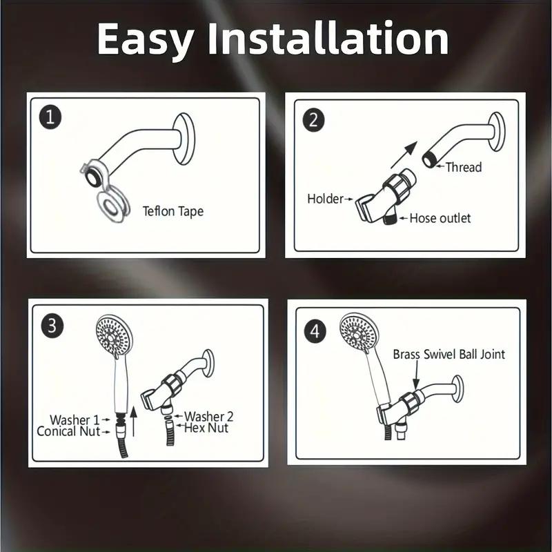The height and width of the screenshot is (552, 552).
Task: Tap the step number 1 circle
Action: point(50,117)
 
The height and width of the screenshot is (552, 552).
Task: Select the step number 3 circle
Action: point(50,325)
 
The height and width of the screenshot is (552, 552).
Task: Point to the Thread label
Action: point(463,167)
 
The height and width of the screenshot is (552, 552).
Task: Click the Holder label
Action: point(325,199)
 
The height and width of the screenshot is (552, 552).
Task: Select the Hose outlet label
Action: point(440,218)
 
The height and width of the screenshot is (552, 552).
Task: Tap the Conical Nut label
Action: point(68,431)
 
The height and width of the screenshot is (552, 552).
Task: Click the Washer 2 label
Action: point(208,416)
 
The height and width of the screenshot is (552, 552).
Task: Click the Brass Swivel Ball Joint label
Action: point(448,354)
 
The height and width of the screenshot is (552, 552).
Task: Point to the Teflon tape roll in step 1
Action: point(110,204)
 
